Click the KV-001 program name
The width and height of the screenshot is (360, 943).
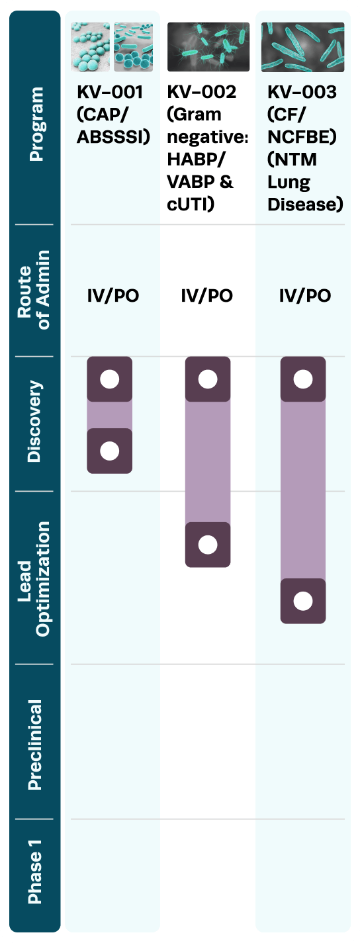110,92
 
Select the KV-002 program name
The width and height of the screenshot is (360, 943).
202,92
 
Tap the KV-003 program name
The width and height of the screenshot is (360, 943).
302,92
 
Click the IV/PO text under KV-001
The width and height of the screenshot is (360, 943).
113,296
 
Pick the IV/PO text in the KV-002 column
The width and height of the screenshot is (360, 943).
206,296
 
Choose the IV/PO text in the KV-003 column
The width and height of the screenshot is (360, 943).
305,296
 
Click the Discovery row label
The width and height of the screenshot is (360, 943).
34,422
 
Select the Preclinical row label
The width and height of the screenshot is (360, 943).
34,744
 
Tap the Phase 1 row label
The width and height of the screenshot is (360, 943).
34,872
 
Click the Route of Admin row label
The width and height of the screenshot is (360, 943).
34,290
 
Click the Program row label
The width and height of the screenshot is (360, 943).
35,124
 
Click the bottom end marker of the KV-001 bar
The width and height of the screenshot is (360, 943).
109,451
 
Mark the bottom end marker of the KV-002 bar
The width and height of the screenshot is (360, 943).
208,545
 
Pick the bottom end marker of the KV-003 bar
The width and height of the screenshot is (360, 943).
303,601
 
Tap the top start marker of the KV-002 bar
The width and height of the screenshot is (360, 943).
208,379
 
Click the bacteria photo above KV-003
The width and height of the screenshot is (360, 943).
302,47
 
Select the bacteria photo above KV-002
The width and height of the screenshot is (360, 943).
208,47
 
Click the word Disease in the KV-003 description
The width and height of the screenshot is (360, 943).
306,204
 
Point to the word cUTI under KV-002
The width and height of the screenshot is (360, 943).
191,204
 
